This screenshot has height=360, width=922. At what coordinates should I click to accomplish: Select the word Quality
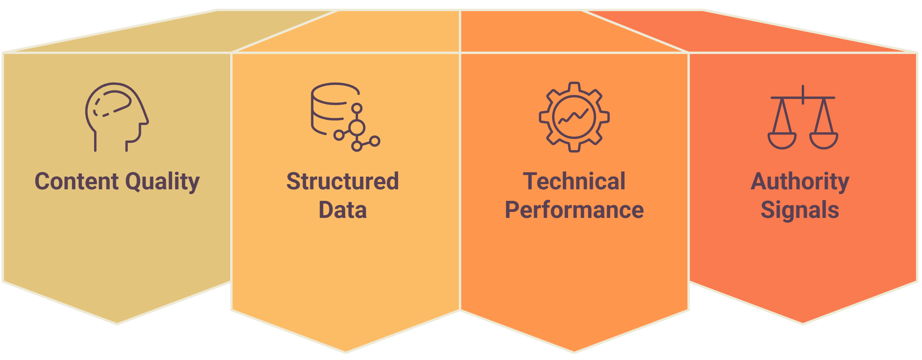pyautogui.click(x=162, y=182)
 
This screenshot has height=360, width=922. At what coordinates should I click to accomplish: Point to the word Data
pyautogui.click(x=343, y=210)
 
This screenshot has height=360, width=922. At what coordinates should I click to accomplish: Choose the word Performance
pyautogui.click(x=574, y=210)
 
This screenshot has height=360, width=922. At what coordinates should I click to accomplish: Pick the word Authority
pyautogui.click(x=800, y=182)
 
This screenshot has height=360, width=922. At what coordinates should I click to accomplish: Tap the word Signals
pyautogui.click(x=800, y=210)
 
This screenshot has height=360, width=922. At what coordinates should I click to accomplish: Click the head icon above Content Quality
pyautogui.click(x=117, y=117)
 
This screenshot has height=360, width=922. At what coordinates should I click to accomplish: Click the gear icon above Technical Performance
pyautogui.click(x=574, y=117)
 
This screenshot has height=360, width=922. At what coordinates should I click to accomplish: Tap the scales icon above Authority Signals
pyautogui.click(x=803, y=117)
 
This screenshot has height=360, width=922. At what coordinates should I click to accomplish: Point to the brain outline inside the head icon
pyautogui.click(x=112, y=104)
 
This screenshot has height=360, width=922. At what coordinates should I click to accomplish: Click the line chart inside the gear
pyautogui.click(x=574, y=117)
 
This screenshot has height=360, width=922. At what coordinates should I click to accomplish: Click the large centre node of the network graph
pyautogui.click(x=357, y=128)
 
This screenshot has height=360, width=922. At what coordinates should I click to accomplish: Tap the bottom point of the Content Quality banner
pyautogui.click(x=117, y=324)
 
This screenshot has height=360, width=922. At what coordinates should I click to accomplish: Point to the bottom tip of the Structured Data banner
pyautogui.click(x=345, y=352)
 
